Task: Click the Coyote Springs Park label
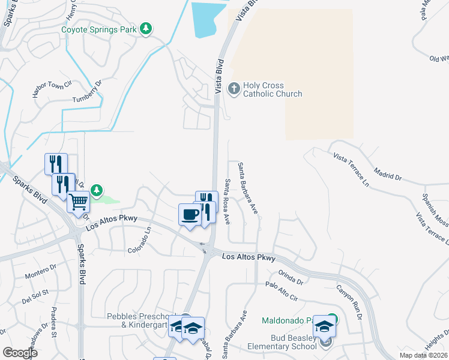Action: pyautogui.click(x=98, y=29)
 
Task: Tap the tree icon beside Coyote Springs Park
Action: pyautogui.click(x=145, y=29)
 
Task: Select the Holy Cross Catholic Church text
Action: pyautogui.click(x=273, y=90)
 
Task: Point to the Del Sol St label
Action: pyautogui.click(x=35, y=296)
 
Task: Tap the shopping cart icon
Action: pyautogui.click(x=78, y=203)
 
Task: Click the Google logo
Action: pyautogui.click(x=20, y=353)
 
